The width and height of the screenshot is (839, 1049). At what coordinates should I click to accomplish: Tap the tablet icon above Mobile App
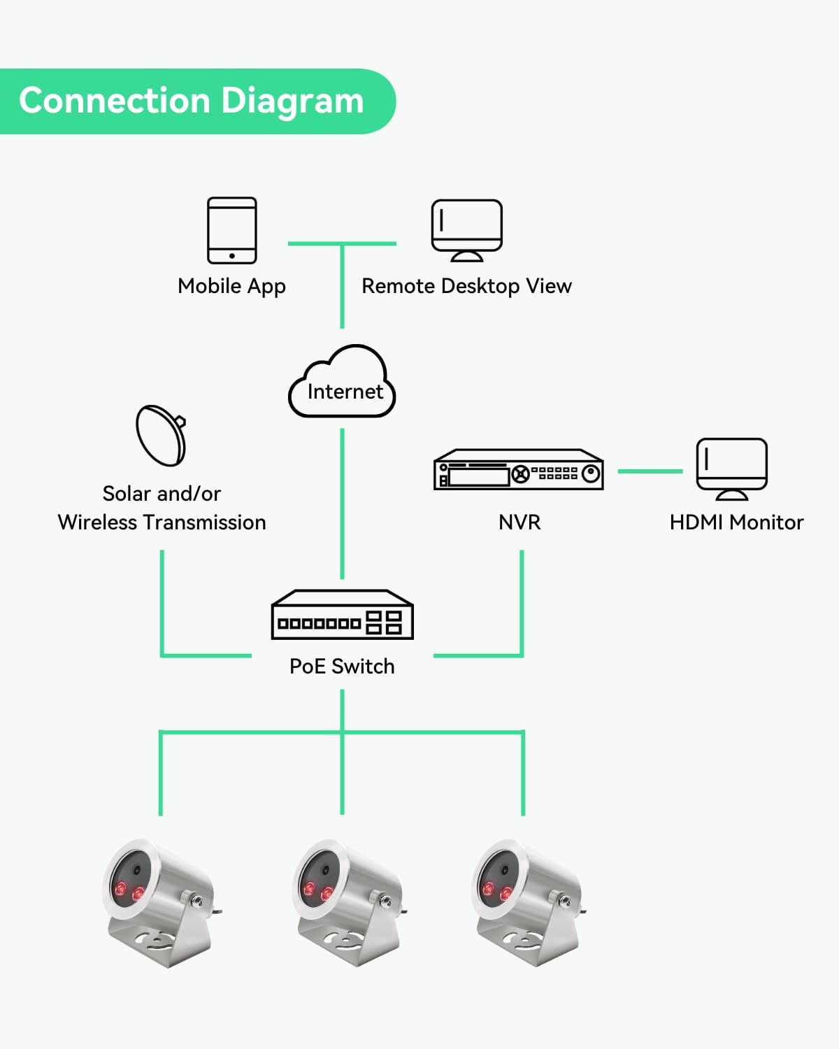[232, 230]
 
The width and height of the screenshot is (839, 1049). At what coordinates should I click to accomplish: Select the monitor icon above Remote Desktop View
[466, 229]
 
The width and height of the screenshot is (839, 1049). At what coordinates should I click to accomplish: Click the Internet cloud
[343, 384]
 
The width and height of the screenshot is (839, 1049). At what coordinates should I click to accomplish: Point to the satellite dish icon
[162, 435]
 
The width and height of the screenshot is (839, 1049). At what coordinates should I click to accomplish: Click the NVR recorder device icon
[518, 469]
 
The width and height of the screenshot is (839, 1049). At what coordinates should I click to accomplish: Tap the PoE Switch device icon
[342, 615]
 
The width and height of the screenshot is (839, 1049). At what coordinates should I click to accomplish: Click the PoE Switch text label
[342, 666]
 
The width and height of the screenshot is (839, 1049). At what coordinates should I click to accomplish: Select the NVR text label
[519, 522]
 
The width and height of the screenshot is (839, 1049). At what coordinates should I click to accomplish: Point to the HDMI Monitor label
[736, 522]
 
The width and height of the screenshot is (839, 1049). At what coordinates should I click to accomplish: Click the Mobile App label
[231, 286]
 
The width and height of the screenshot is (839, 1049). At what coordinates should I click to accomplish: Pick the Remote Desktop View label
[466, 286]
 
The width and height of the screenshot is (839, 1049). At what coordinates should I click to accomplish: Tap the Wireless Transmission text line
[162, 522]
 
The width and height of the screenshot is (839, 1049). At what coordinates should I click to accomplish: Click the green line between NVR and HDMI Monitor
[650, 471]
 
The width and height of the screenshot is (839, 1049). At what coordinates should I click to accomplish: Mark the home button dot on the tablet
[232, 256]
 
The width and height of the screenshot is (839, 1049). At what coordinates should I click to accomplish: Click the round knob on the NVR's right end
[591, 474]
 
